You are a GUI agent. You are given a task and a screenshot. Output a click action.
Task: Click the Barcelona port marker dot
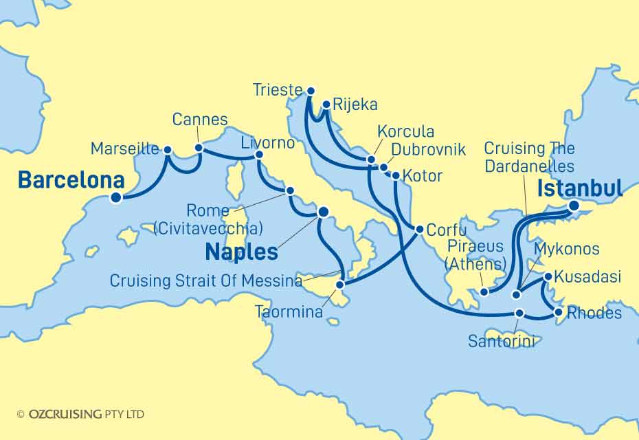(x=116, y=198)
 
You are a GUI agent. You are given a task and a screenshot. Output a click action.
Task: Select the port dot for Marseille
(x=166, y=148)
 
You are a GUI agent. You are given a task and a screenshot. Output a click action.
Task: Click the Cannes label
(x=199, y=120)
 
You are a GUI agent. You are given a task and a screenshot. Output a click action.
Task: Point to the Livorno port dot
(x=259, y=155)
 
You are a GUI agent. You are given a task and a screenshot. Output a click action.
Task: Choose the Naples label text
(x=241, y=252)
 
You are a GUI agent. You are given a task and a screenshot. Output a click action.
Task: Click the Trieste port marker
(x=311, y=91)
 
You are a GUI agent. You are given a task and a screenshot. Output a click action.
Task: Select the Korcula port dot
(x=371, y=159)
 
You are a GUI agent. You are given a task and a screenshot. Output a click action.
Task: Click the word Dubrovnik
(x=428, y=149)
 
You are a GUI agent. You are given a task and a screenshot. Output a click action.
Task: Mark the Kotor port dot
(x=395, y=175)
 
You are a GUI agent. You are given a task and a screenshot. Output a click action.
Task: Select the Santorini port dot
(x=520, y=313)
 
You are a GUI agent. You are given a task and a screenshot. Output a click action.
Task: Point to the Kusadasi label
(x=587, y=277)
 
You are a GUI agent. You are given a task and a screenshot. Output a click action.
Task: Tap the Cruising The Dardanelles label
(x=529, y=157)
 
